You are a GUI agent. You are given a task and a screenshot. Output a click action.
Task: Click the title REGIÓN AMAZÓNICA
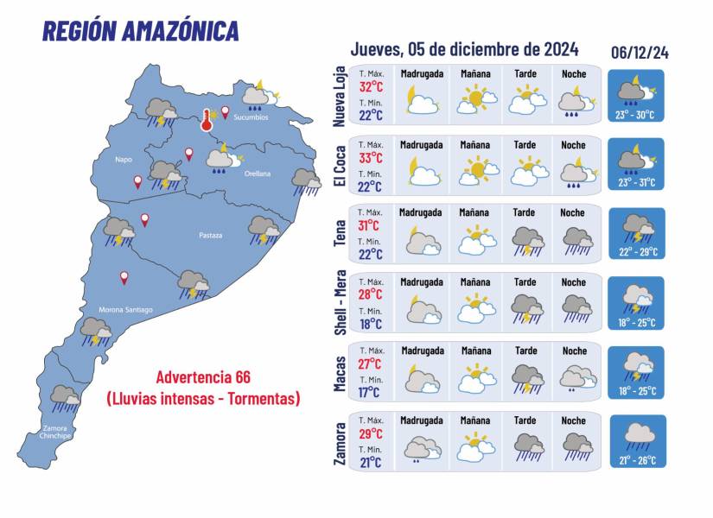[141, 31]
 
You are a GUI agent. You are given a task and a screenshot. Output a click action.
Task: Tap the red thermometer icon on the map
[207, 120]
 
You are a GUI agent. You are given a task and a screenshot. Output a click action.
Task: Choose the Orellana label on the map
[256, 174]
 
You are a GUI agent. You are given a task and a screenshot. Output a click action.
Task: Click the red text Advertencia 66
[203, 377]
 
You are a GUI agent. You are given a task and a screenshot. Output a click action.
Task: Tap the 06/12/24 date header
[639, 53]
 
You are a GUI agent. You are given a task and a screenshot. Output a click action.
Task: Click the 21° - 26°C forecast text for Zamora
[638, 458]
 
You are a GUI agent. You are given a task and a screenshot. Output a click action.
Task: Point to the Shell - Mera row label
[341, 302]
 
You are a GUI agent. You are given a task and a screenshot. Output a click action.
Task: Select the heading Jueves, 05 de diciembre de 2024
[464, 48]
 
